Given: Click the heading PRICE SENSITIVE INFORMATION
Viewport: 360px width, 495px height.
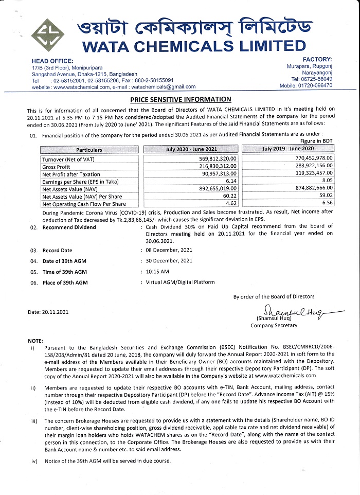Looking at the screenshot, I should [x=180, y=99].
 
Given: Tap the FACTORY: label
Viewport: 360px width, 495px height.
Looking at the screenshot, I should [x=317, y=60].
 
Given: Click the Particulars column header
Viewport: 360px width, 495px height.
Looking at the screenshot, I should [x=89, y=150].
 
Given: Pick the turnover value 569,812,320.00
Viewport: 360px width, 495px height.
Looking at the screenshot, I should [x=212, y=159].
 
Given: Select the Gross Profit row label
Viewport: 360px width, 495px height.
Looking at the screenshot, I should [x=56, y=167].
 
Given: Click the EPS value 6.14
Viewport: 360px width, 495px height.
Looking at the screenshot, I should [x=230, y=181].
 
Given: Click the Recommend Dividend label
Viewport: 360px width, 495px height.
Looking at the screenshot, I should [x=69, y=227].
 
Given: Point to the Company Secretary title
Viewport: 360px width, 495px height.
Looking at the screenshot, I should [x=274, y=325].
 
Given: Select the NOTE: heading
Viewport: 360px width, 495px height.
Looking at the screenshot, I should [x=35, y=342].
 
